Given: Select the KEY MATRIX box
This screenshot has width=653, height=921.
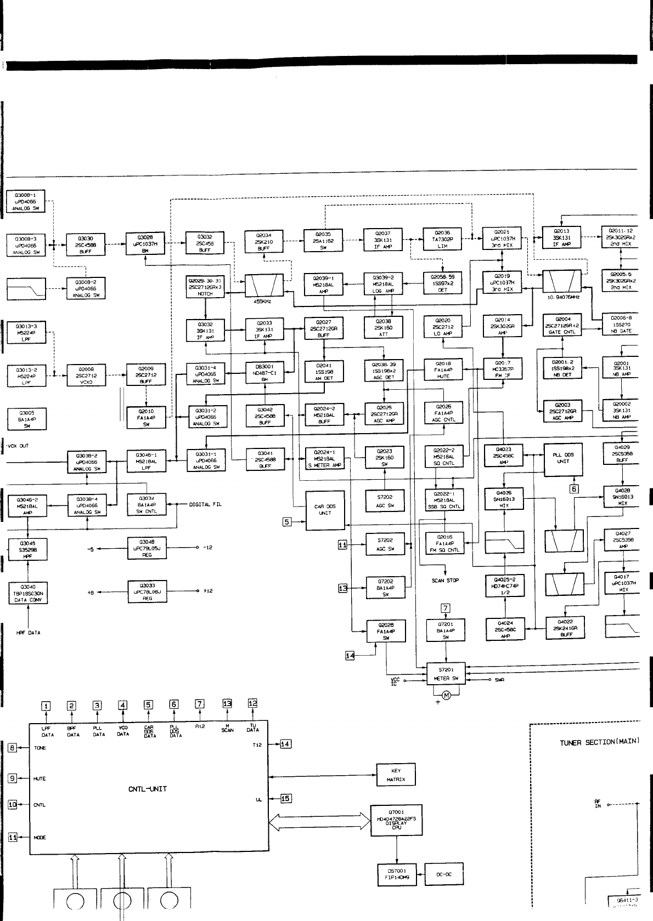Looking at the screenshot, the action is tap(396, 775).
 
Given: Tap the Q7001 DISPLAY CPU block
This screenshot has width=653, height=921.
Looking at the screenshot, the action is tap(396, 820).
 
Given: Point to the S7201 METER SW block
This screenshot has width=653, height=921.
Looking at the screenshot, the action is tap(446, 674).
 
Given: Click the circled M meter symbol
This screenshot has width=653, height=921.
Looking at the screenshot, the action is tap(446, 696).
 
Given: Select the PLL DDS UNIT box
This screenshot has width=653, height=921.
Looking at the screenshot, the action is tap(562, 458).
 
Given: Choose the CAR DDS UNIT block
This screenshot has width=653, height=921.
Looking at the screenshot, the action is tap(325, 510).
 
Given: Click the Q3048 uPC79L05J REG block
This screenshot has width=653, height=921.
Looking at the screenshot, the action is tap(147, 548).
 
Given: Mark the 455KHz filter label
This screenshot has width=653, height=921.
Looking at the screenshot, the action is tap(264, 301).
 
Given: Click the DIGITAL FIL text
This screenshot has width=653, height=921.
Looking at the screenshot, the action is tap(206, 504).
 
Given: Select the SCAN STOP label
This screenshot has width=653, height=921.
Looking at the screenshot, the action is tap(446, 580).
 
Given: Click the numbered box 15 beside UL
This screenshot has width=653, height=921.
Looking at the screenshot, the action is tap(286, 798).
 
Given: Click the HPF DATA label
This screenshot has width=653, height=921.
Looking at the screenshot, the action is tap(28, 633).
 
